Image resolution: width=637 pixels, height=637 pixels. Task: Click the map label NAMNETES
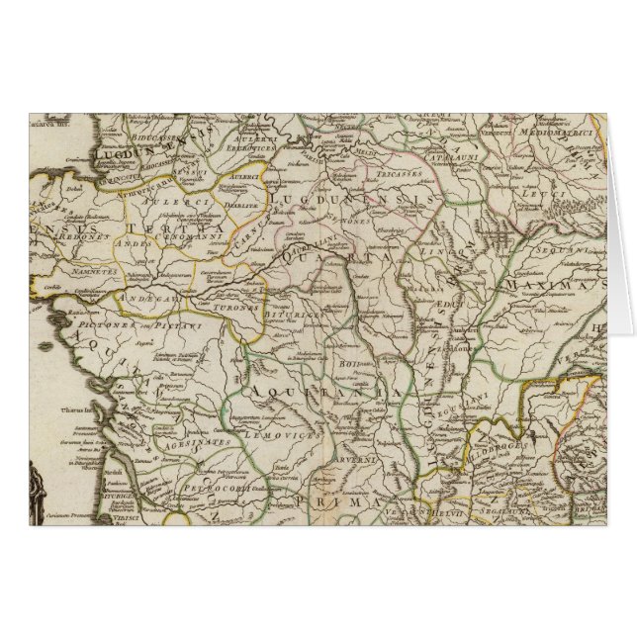tap(94, 269)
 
